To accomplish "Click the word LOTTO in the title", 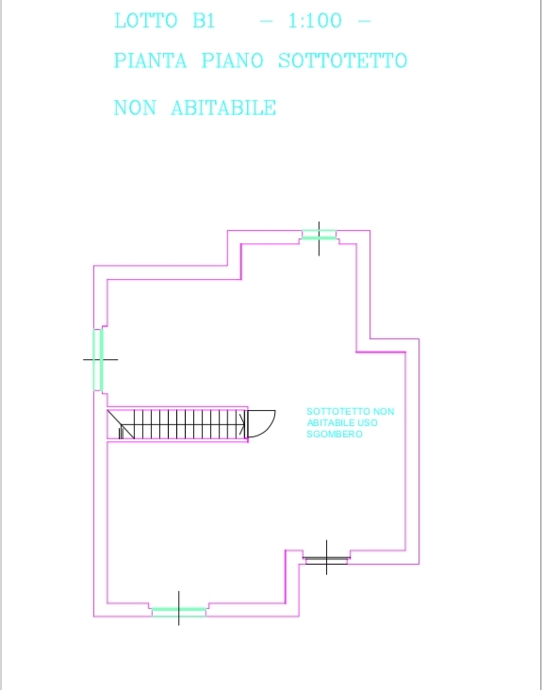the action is pyautogui.click(x=145, y=21).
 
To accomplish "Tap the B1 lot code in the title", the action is pyautogui.click(x=205, y=21).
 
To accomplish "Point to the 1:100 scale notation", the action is pyautogui.click(x=315, y=21).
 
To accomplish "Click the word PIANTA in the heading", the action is pyautogui.click(x=151, y=60).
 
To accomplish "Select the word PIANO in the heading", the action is pyautogui.click(x=233, y=60).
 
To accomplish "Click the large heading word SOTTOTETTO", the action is pyautogui.click(x=343, y=60).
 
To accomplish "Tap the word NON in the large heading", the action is pyautogui.click(x=135, y=107).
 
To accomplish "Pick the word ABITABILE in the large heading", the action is pyautogui.click(x=223, y=107).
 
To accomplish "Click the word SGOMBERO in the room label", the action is pyautogui.click(x=335, y=435).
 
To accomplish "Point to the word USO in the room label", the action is pyautogui.click(x=370, y=423).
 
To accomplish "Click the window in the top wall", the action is pyautogui.click(x=319, y=235).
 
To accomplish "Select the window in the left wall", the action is pyautogui.click(x=98, y=360).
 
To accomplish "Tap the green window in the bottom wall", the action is pyautogui.click(x=179, y=612).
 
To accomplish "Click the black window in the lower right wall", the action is pyautogui.click(x=326, y=560).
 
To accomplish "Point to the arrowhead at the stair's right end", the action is pyautogui.click(x=242, y=424).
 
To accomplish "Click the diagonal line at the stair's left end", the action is pyautogui.click(x=121, y=424).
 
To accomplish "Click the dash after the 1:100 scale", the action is pyautogui.click(x=365, y=21).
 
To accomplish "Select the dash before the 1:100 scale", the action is pyautogui.click(x=267, y=21).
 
